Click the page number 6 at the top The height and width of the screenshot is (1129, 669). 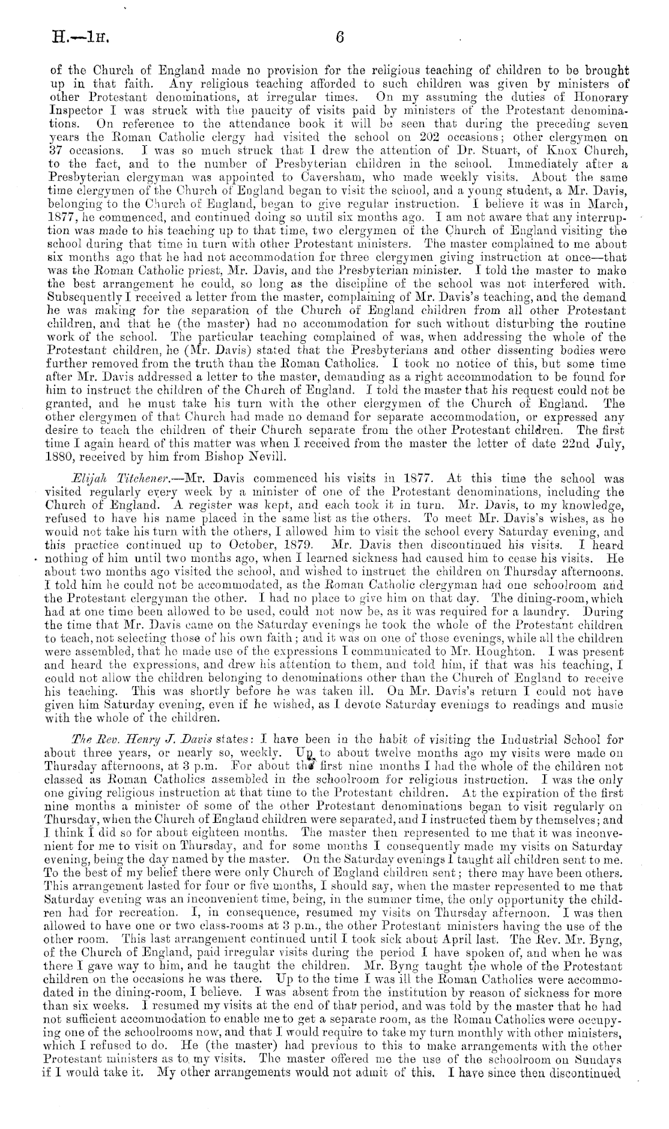click(340, 37)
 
